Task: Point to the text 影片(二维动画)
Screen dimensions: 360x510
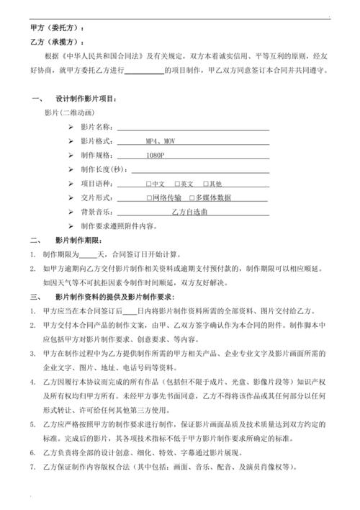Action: point(68,113)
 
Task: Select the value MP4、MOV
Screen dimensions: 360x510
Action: point(159,141)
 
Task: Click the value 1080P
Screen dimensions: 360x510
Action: point(156,156)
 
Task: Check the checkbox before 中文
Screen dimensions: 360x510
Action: point(148,184)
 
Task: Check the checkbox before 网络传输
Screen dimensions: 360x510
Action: point(149,198)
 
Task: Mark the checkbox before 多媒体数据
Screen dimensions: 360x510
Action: point(192,198)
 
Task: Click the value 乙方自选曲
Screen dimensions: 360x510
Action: point(189,212)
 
